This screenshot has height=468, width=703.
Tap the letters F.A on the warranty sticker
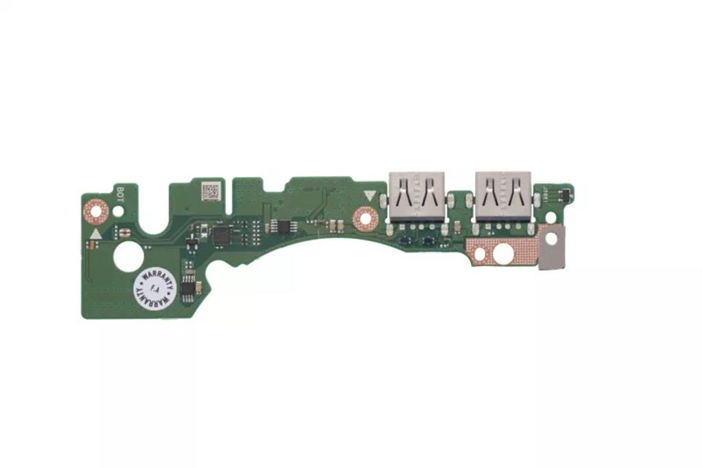[x=154, y=291]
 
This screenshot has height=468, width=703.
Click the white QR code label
[x=211, y=191]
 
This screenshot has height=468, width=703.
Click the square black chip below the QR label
[x=222, y=235]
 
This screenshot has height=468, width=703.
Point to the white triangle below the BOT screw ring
[x=95, y=233]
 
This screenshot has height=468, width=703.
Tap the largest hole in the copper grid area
[x=503, y=253]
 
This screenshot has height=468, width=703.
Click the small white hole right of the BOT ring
[x=119, y=211]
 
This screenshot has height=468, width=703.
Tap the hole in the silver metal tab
[x=551, y=237]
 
